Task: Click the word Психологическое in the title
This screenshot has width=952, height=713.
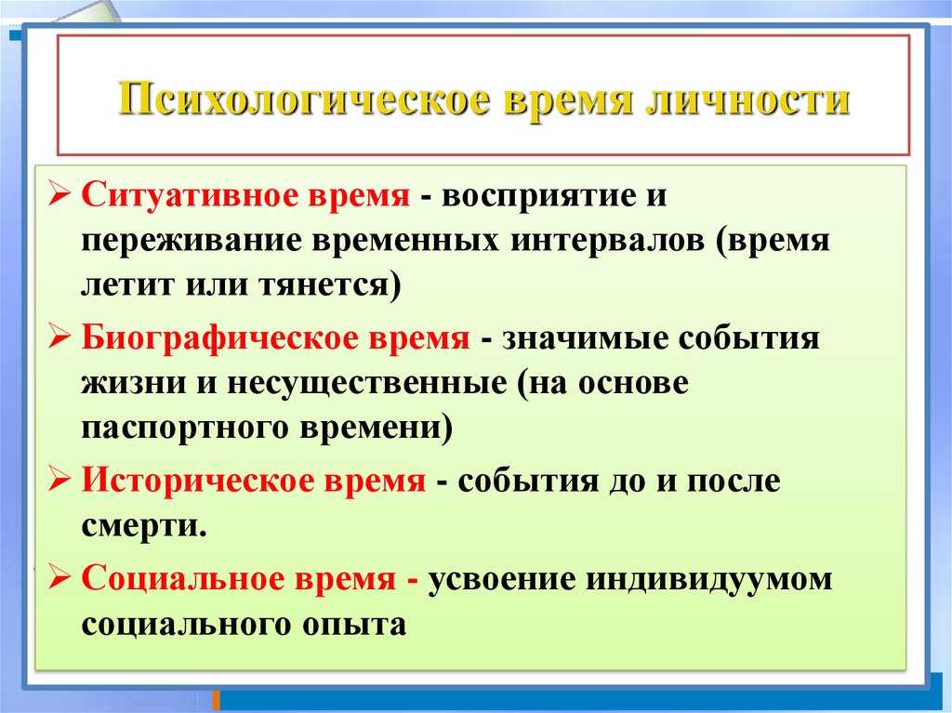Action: (x=304, y=99)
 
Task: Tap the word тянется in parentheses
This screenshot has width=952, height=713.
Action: (x=324, y=285)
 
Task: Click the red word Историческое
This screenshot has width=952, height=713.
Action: (x=196, y=481)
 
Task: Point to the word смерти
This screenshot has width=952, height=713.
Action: (x=141, y=526)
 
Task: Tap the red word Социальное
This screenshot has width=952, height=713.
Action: (x=182, y=577)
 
